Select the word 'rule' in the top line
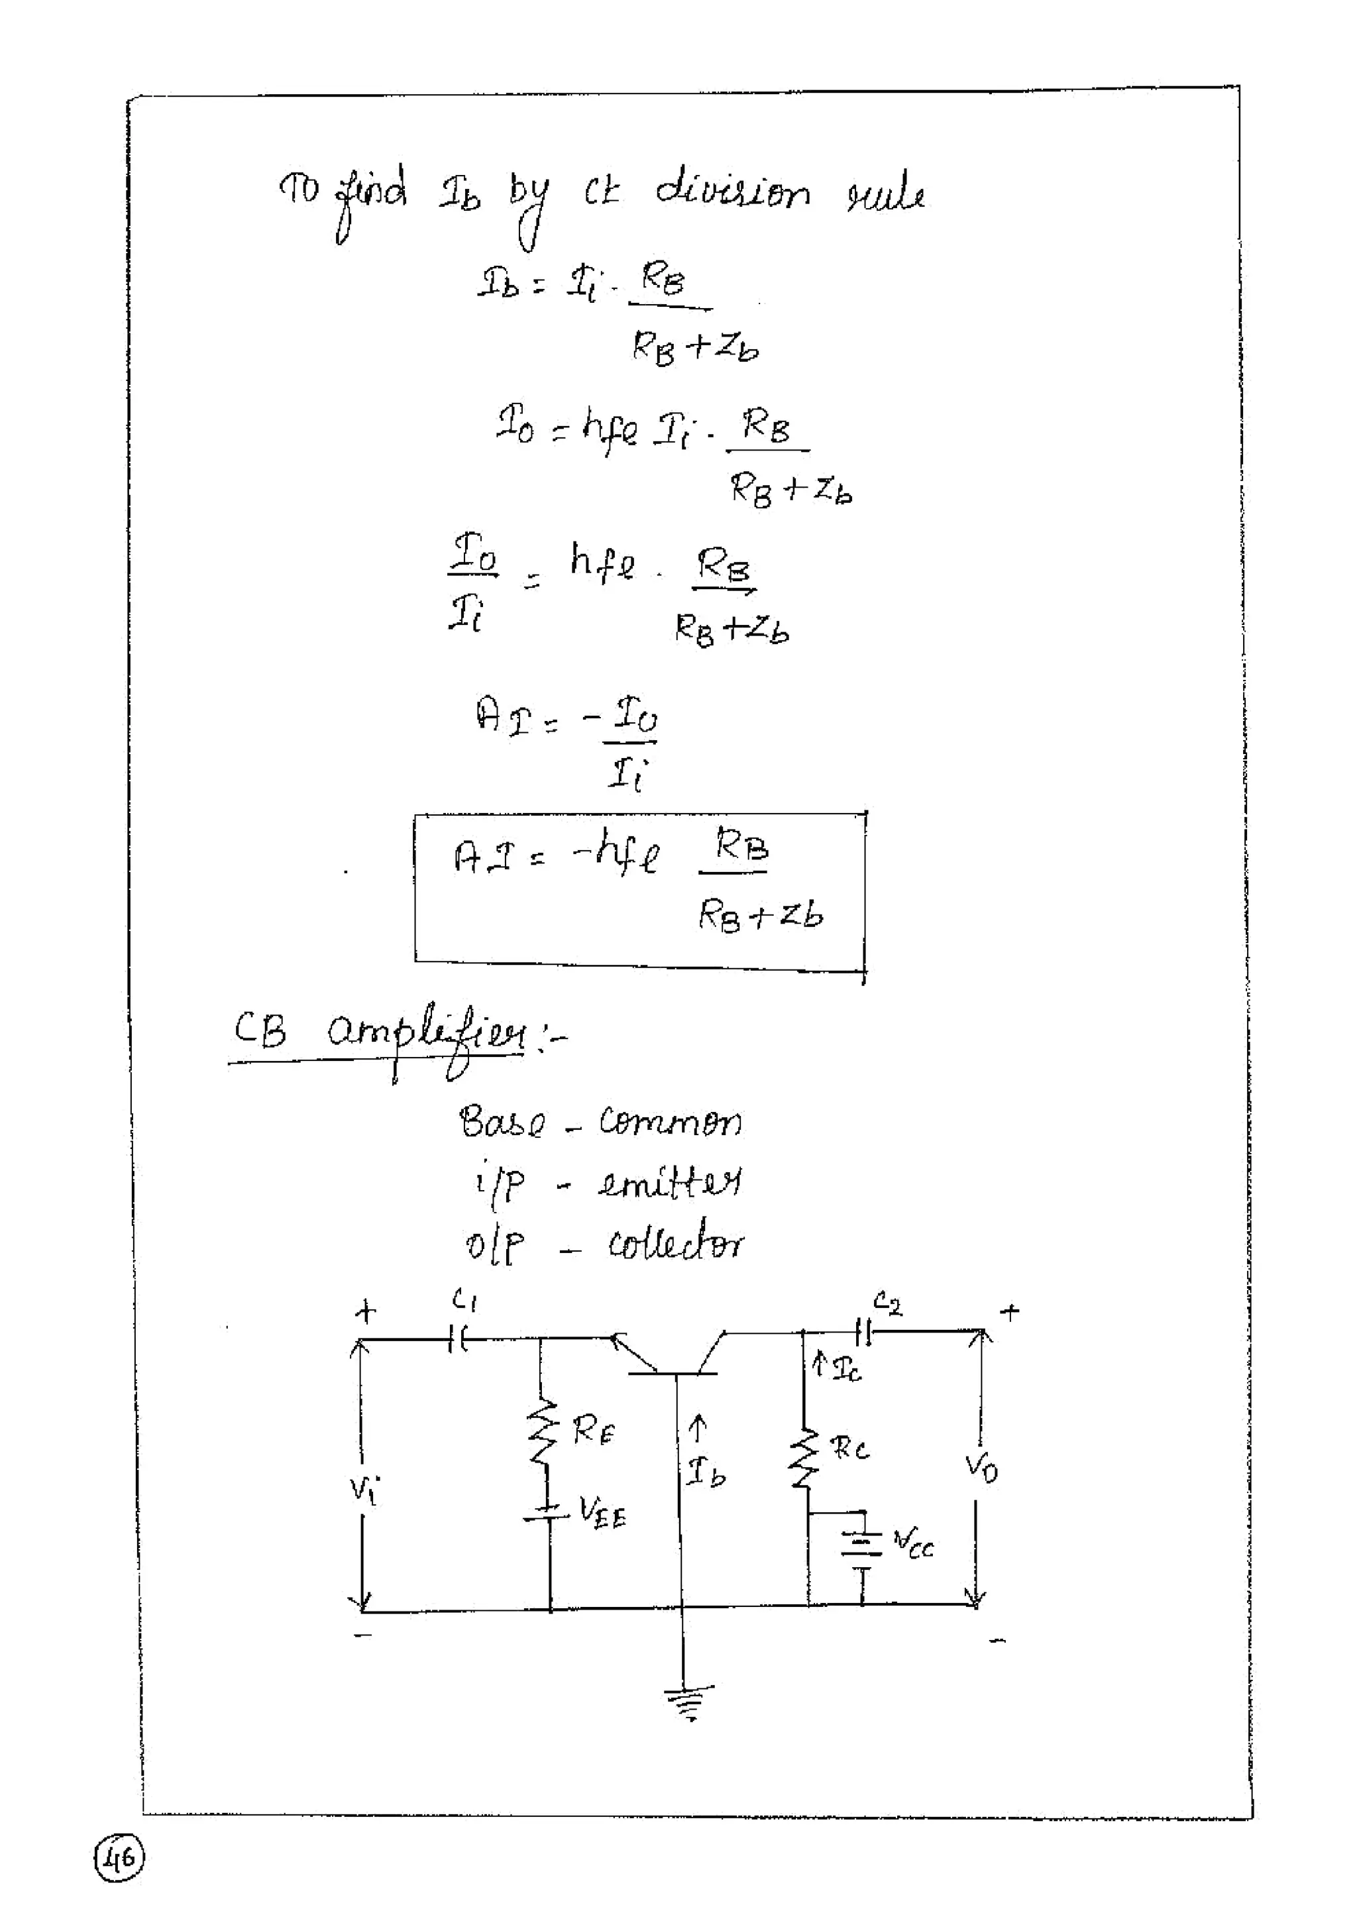pos(885,195)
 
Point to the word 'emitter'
pos(669,1182)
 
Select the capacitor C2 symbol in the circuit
pos(864,1331)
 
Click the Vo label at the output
pos(981,1466)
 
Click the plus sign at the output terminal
pos(1010,1312)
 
